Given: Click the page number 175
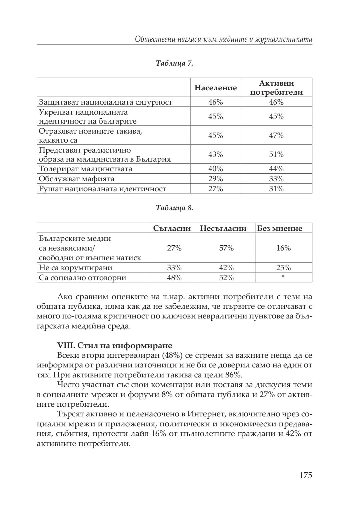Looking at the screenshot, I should [305, 475].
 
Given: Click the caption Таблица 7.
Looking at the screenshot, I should [174, 63].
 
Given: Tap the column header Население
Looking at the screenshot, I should [216, 88].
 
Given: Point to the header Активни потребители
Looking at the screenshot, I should [276, 88].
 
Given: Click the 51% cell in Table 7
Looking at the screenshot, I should [276, 155].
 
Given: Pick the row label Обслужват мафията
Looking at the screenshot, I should [77, 179].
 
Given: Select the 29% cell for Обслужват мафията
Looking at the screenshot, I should [216, 179].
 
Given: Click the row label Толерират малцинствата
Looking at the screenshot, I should [86, 169].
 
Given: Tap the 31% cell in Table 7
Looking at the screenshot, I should [276, 189].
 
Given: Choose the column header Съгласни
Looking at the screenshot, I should [172, 229].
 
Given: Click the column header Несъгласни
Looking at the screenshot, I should [223, 229].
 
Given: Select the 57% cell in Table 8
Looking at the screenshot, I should [226, 248].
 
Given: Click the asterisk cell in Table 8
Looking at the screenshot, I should [283, 277].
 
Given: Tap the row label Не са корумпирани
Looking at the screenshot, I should [76, 268].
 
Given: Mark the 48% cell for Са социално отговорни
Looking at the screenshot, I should [174, 277].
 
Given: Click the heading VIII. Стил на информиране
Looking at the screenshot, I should [115, 345].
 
